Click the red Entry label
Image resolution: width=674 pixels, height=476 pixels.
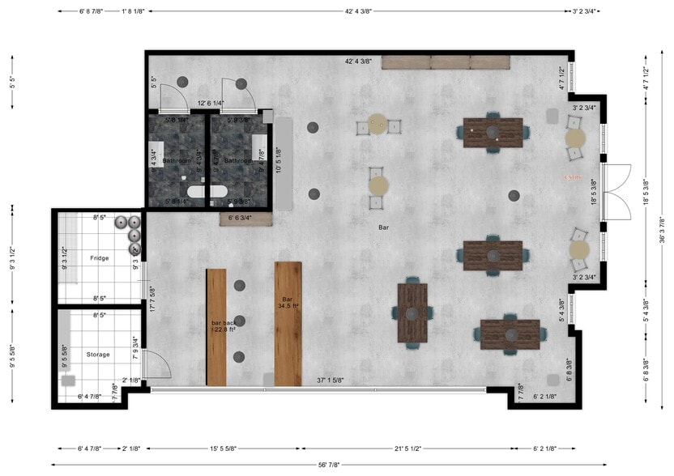574,176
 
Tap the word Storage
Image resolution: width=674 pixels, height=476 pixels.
98,354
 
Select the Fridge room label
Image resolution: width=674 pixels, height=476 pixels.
99,258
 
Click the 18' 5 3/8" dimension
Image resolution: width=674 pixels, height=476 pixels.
594,191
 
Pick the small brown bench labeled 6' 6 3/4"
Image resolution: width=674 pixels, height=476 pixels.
240,218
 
